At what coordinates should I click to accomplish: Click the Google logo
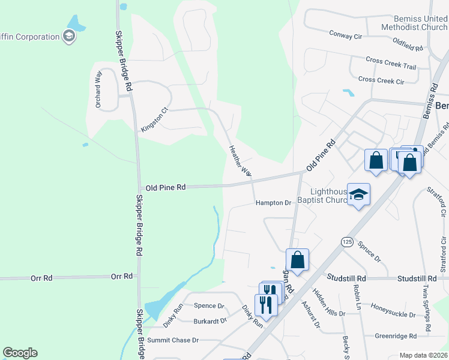coord(20,353)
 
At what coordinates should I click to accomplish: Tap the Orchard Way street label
coord(98,89)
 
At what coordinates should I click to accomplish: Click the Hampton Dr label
coord(273,203)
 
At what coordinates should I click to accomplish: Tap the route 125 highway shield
coord(347,242)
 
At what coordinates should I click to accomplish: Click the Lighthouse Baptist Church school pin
coord(358,196)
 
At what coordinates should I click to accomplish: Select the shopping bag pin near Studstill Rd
coord(297,260)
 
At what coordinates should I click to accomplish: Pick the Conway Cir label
coord(345,35)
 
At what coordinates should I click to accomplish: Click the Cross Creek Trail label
coord(391,62)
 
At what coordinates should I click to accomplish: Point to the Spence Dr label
coord(208,305)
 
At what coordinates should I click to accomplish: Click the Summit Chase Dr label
coord(173,340)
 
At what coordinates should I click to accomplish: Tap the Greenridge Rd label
coord(396,336)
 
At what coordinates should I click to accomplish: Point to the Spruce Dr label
coord(369,252)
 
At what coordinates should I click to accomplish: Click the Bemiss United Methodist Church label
coord(414,23)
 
